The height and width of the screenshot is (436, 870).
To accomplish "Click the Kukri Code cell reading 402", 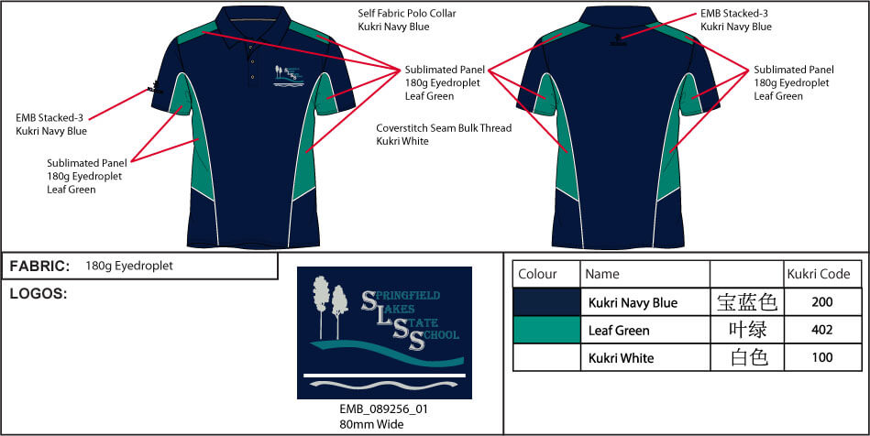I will (822, 330).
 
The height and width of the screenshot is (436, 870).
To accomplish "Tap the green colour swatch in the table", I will (546, 330).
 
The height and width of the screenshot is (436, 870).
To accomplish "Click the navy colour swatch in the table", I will (546, 302).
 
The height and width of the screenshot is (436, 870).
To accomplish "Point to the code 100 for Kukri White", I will (822, 357).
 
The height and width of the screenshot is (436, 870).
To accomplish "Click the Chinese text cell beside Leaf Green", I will (747, 330).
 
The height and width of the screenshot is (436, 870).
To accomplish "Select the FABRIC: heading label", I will (39, 266).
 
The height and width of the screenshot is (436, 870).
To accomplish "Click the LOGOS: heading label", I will (39, 294).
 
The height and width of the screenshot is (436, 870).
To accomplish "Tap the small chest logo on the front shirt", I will (287, 75).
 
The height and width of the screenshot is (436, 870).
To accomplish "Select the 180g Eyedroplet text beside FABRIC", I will (128, 266).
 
